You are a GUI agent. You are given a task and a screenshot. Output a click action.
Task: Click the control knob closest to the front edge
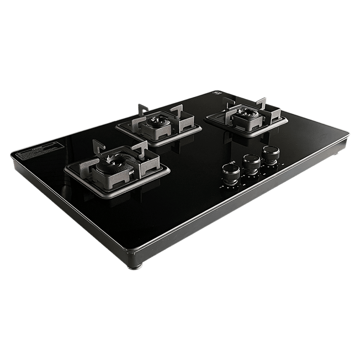[x=230, y=172]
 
